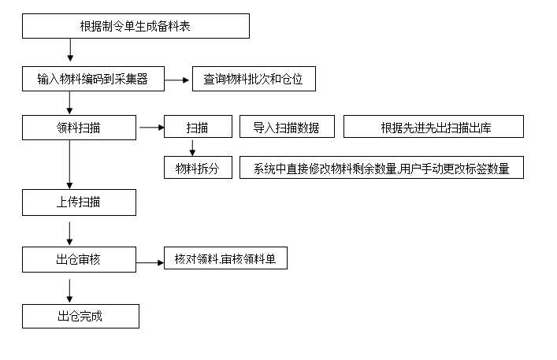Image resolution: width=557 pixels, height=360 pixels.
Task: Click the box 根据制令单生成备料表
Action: click(136, 26)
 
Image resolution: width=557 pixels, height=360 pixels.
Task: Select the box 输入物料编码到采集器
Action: click(92, 79)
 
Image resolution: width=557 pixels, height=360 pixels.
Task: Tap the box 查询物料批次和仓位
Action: click(254, 79)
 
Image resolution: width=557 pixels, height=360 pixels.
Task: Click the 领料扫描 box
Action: click(79, 128)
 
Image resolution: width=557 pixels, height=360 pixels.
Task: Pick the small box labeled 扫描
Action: click(198, 127)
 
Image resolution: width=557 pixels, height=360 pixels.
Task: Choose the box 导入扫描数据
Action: click(287, 127)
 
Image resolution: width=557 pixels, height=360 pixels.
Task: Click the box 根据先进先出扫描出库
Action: click(434, 127)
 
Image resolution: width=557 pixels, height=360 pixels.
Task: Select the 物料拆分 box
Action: click(198, 168)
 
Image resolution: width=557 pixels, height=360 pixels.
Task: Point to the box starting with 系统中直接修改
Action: click(381, 168)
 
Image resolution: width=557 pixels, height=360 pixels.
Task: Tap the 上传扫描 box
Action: click(79, 202)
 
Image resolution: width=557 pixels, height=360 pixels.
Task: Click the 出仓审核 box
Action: click(79, 259)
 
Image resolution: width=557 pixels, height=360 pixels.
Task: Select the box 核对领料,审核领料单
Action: click(225, 258)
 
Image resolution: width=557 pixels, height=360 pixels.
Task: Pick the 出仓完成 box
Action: click(80, 317)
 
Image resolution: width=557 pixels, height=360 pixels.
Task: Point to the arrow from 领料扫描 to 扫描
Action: click(150, 127)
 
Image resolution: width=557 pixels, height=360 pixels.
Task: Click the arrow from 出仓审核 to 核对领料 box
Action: click(150, 262)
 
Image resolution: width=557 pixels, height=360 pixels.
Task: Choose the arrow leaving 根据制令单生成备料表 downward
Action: click(70, 50)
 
